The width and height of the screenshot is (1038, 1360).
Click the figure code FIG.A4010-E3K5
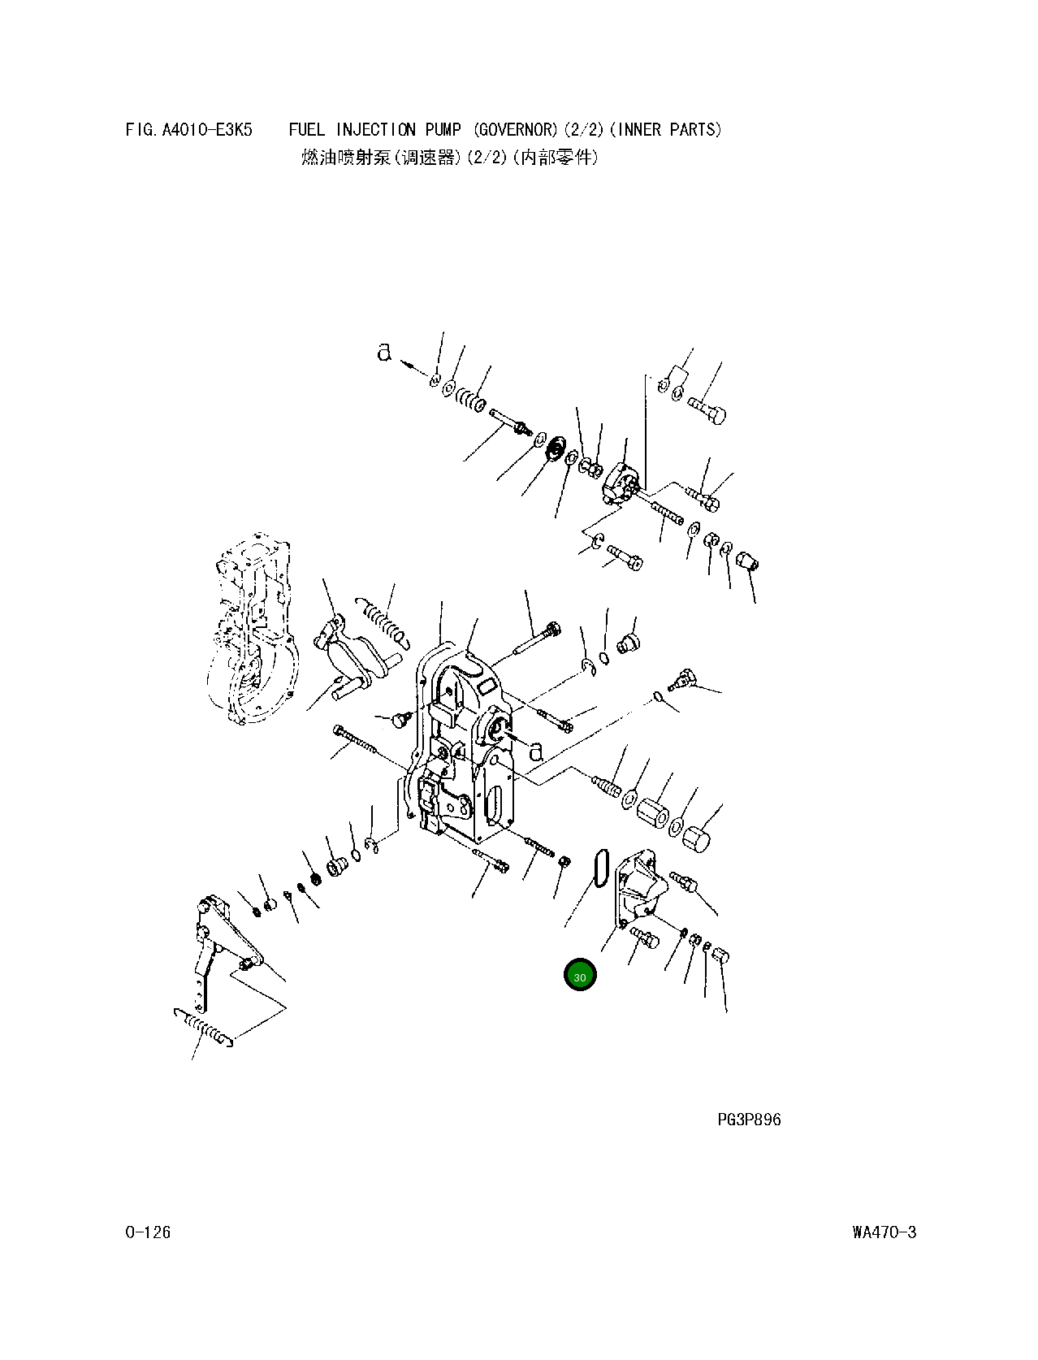tap(189, 129)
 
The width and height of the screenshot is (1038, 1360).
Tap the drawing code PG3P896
tap(748, 1120)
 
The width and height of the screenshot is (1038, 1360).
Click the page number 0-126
tap(148, 1232)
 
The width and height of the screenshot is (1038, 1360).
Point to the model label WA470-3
tap(884, 1232)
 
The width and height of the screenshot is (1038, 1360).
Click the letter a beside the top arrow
tap(384, 353)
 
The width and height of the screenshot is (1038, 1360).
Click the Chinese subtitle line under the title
tap(449, 158)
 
